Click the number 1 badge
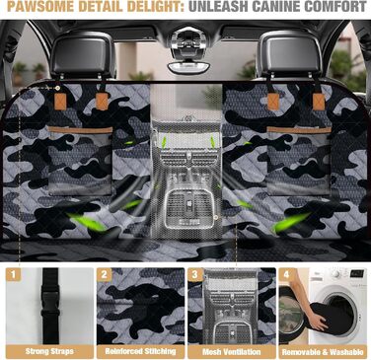tap(13, 274)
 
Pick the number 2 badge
tap(104, 274)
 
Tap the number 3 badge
tap(195, 274)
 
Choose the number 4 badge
tap(286, 274)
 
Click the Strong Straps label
tap(49, 351)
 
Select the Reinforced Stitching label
tap(140, 351)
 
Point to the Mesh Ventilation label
tap(232, 352)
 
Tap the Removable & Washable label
tap(323, 352)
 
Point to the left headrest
tap(82, 55)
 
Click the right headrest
tap(290, 54)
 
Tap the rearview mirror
tap(189, 67)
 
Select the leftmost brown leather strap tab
tap(60, 102)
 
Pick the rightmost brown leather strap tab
tap(319, 102)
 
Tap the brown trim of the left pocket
tap(80, 130)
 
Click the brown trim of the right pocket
tap(299, 130)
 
